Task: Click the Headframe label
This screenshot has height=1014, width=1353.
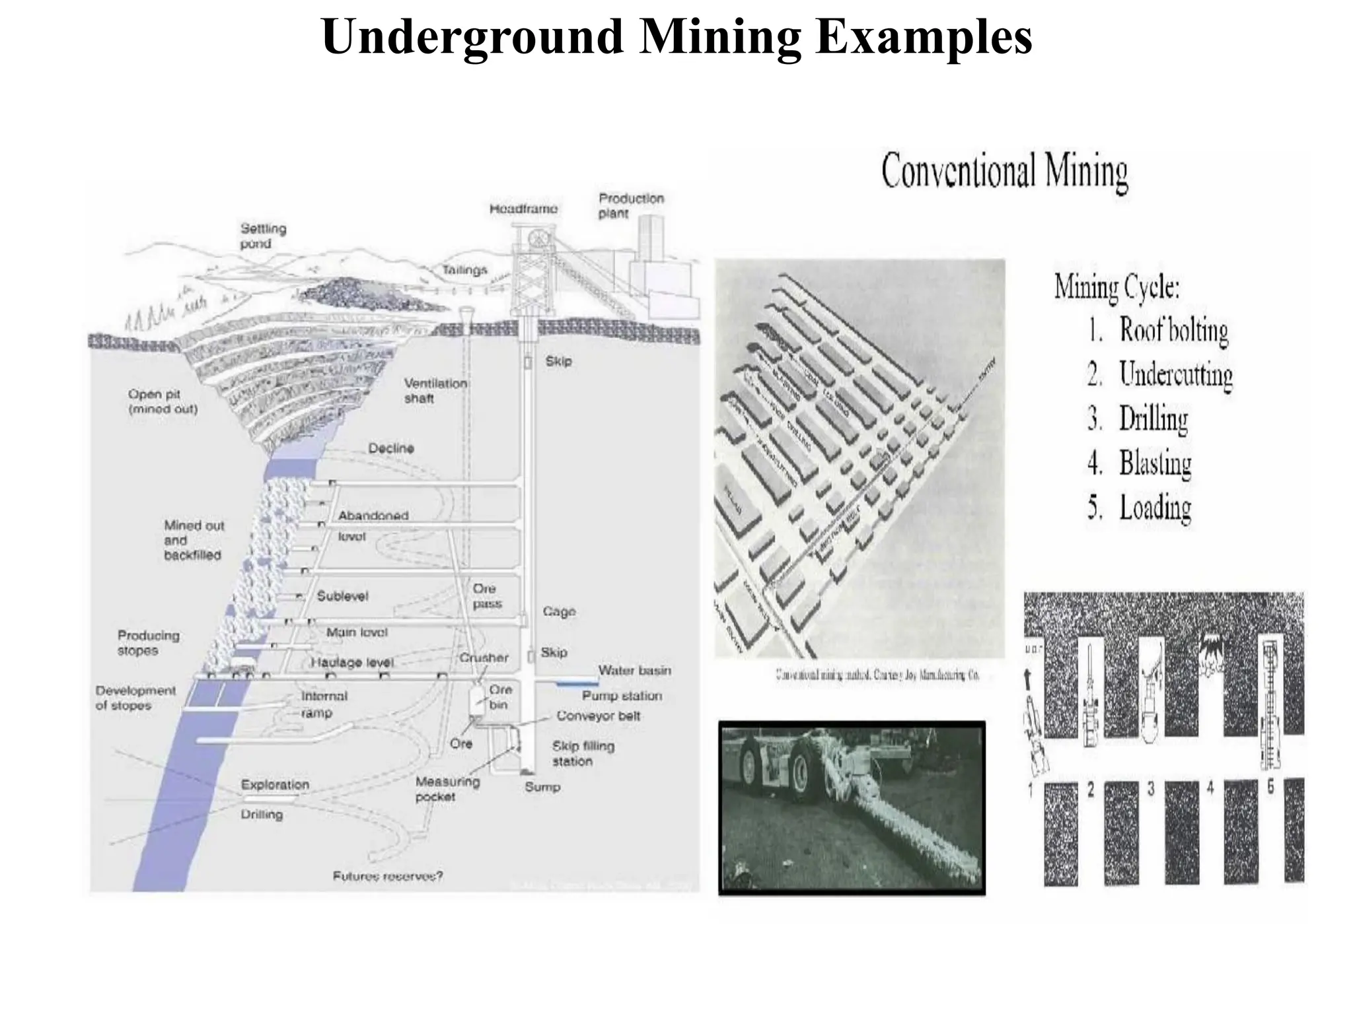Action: [523, 209]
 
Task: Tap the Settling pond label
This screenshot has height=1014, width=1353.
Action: [263, 236]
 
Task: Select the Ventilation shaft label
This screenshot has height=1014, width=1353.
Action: [435, 390]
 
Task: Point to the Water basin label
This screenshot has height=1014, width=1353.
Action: [634, 671]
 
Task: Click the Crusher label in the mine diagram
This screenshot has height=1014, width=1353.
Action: [484, 658]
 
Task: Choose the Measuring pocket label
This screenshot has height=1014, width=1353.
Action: [447, 789]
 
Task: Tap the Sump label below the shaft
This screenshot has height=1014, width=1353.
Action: [542, 787]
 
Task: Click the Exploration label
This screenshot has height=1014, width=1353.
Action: [275, 785]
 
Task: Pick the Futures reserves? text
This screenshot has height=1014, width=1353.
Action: [388, 876]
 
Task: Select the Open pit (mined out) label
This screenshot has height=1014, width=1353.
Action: [163, 401]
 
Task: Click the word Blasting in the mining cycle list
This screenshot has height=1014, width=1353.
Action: [1155, 463]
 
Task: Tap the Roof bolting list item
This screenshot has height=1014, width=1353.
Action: [1173, 330]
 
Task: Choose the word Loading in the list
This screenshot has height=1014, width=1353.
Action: [1155, 508]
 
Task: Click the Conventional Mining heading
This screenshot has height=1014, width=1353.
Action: [1004, 171]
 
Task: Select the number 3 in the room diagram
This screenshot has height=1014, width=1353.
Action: [1151, 788]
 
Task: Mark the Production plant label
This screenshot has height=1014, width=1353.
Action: [631, 205]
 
